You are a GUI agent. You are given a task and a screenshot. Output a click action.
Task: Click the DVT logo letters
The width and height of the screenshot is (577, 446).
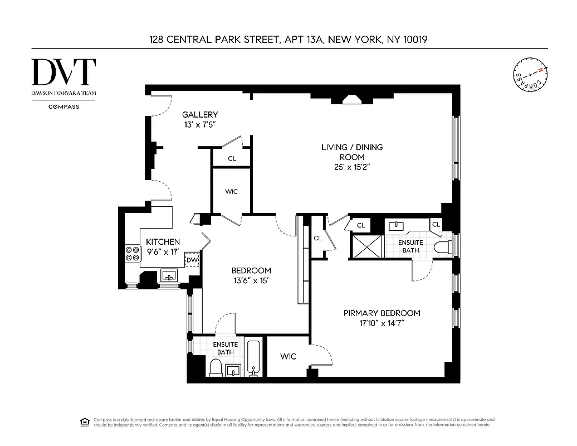[x=63, y=72]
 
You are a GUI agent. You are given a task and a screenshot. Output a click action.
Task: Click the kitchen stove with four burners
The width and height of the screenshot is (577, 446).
[x=133, y=254]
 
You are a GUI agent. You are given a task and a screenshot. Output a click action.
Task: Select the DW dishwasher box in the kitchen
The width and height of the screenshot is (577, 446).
[x=192, y=260]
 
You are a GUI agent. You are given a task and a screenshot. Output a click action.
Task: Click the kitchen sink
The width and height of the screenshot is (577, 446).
[x=168, y=275]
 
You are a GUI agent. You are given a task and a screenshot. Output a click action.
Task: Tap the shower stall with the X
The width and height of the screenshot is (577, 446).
[x=366, y=246]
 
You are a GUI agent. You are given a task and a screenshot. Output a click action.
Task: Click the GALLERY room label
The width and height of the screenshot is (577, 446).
[x=200, y=115]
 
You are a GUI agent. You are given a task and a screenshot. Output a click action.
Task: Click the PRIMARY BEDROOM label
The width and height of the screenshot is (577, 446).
[x=382, y=313]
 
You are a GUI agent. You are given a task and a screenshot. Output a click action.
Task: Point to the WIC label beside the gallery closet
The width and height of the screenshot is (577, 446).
[x=231, y=192]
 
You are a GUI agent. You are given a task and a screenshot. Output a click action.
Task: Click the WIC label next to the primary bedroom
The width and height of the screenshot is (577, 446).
[x=288, y=356]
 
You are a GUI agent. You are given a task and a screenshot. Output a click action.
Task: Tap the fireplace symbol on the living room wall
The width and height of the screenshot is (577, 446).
[x=352, y=99]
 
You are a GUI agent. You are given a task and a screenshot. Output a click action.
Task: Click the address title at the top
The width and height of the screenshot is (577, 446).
[x=288, y=39]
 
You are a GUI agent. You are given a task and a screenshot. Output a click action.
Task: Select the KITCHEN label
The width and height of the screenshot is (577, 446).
[x=163, y=242]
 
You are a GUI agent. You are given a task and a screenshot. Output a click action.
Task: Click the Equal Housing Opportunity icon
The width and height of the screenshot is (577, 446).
[x=85, y=421]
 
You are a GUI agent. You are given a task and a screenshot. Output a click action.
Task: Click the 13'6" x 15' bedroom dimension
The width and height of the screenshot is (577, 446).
[x=251, y=281]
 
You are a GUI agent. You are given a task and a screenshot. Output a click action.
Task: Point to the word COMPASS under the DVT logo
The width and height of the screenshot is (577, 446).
[x=63, y=106]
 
